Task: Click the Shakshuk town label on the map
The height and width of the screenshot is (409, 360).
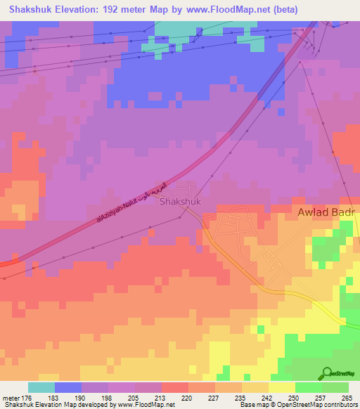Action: click(180, 201)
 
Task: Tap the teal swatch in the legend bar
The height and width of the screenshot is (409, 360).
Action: click(41, 387)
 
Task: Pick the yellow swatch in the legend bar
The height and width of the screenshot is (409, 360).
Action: click(281, 387)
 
